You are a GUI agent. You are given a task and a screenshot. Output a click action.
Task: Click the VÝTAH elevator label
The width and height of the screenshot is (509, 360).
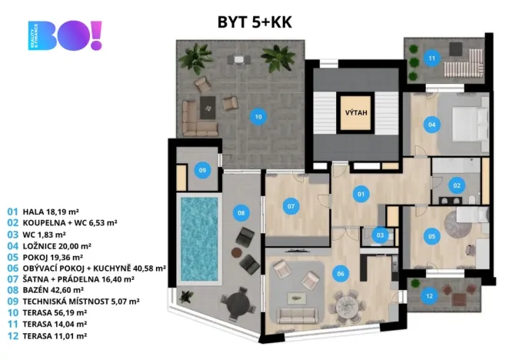click(x=356, y=113)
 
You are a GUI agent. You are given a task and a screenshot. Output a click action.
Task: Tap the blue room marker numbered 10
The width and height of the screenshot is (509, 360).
click(x=258, y=117)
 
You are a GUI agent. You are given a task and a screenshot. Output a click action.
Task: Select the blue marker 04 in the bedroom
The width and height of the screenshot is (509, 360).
click(x=432, y=125)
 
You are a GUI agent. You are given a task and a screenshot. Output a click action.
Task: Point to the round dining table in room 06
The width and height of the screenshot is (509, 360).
click(x=348, y=305)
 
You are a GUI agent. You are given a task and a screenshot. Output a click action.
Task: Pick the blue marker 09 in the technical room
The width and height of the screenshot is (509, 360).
click(x=202, y=170)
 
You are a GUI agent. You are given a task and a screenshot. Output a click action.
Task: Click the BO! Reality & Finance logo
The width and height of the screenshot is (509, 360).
click(x=65, y=35)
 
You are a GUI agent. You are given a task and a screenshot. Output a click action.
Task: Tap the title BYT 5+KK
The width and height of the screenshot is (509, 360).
click(x=254, y=22)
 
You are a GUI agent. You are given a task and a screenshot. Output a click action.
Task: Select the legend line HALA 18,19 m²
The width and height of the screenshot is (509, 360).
click(x=43, y=212)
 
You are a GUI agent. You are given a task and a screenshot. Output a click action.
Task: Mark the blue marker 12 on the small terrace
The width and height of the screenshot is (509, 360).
click(x=429, y=296)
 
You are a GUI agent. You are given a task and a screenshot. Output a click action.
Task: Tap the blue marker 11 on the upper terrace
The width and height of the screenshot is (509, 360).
click(x=432, y=58)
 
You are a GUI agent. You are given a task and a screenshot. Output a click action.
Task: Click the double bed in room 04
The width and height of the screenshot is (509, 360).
click(x=471, y=125)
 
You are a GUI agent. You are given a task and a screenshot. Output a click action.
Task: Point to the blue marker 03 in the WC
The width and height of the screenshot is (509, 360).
click(x=380, y=235)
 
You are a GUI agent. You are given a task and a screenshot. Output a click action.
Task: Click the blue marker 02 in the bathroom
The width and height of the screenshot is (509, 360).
click(x=457, y=185)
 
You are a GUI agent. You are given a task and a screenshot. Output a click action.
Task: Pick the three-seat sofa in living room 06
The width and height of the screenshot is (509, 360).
click(x=297, y=315)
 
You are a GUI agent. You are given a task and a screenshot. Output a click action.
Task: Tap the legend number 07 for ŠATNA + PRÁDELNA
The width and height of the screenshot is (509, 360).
click(x=12, y=279)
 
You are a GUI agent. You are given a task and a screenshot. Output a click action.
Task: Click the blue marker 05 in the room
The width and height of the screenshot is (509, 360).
click(x=432, y=236)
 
